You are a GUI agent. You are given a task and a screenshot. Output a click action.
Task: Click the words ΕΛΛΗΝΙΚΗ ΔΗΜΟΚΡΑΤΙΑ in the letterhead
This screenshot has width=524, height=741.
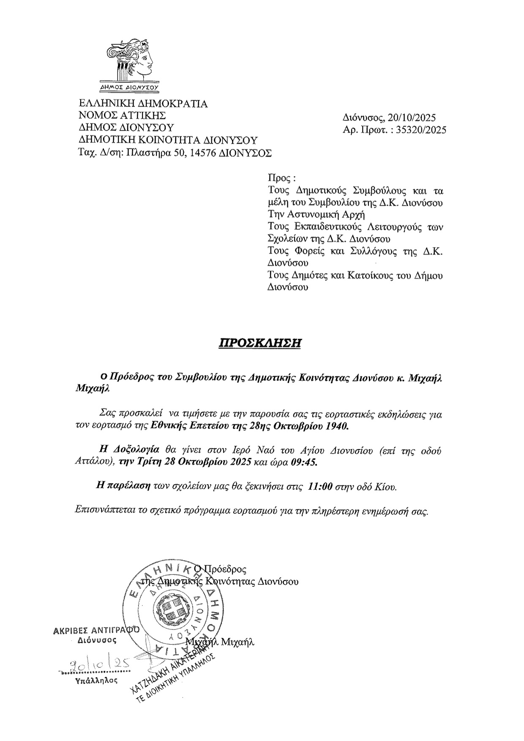coord(143,104)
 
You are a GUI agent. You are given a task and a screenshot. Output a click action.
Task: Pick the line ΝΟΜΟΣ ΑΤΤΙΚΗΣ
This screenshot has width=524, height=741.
coord(122,115)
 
